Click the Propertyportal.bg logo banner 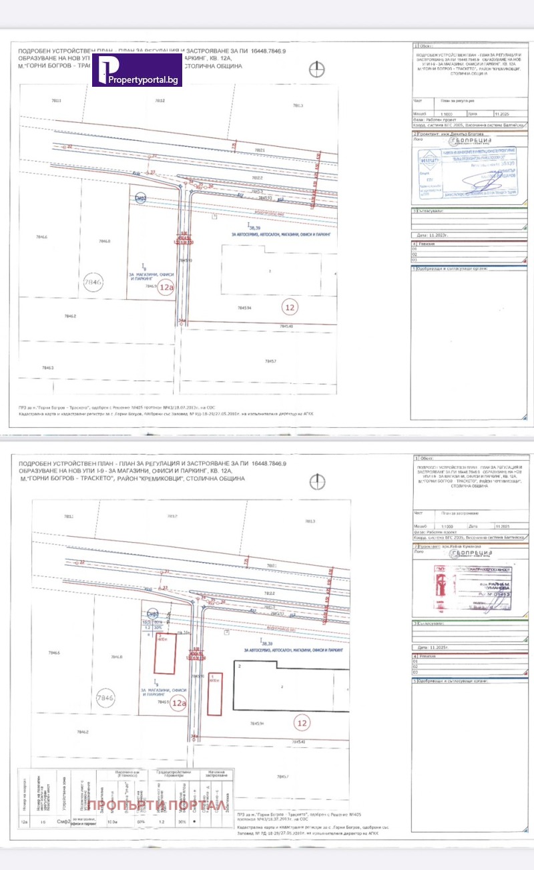click(x=137, y=69)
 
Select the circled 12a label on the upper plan click(x=164, y=288)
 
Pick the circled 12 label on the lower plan click(x=301, y=722)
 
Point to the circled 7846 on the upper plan click(x=93, y=283)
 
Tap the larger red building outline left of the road click(x=164, y=653)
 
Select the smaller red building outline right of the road click(x=214, y=694)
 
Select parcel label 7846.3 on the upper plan click(x=47, y=367)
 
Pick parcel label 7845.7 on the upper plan click(x=270, y=361)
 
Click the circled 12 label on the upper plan click(x=290, y=307)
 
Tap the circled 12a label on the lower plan click(x=178, y=702)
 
